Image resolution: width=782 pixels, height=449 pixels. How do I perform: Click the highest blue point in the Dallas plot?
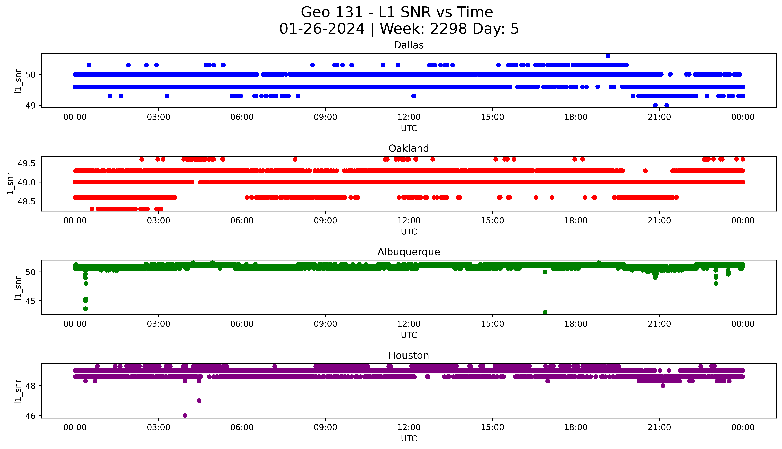608,56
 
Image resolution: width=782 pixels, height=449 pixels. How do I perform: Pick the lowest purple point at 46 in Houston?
185,415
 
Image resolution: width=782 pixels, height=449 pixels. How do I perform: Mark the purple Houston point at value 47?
199,401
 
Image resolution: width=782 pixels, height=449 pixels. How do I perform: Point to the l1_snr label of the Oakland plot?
10,184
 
